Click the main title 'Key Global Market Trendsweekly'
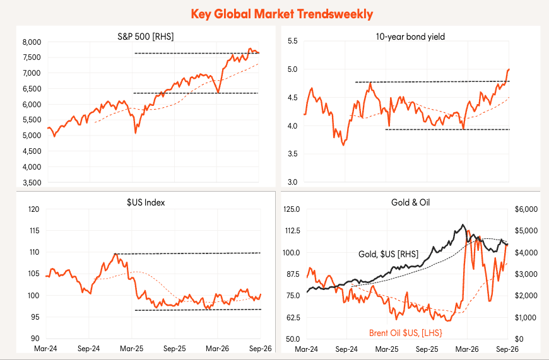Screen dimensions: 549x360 pyautogui.click(x=282, y=14)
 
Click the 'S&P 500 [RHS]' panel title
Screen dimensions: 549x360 pyautogui.click(x=146, y=37)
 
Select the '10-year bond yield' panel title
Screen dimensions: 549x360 pyautogui.click(x=410, y=37)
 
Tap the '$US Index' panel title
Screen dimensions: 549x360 pyautogui.click(x=146, y=202)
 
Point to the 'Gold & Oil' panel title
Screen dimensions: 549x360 pyautogui.click(x=410, y=202)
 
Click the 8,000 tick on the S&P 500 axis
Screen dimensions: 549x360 pyautogui.click(x=32, y=42)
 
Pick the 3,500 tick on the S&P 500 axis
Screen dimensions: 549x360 pyautogui.click(x=32, y=183)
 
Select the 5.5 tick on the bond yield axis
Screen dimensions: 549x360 pyautogui.click(x=292, y=41)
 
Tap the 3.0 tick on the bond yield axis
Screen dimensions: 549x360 pyautogui.click(x=292, y=182)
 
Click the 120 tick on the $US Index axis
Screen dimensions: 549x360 pyautogui.click(x=34, y=209)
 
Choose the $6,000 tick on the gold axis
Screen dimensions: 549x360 pyautogui.click(x=526, y=209)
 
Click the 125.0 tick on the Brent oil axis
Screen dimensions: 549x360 pyautogui.click(x=292, y=209)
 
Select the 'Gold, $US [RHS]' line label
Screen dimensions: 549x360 pyautogui.click(x=388, y=254)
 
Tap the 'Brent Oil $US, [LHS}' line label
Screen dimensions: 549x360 pyautogui.click(x=406, y=333)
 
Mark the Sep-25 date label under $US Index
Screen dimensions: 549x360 pyautogui.click(x=175, y=349)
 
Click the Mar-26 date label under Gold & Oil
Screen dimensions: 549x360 pyautogui.click(x=467, y=349)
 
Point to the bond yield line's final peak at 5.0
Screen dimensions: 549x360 pyautogui.click(x=509, y=69)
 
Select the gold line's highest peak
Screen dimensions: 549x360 pyautogui.click(x=463, y=224)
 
